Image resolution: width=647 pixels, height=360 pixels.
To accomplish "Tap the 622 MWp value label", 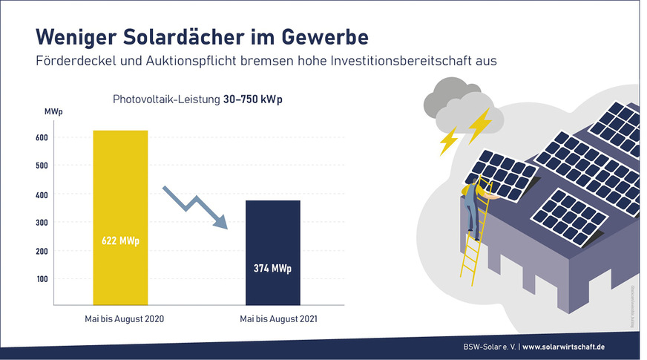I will (x=120, y=241).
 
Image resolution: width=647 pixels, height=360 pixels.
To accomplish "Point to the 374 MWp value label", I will (x=273, y=268).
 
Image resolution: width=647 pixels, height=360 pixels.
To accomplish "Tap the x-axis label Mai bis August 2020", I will (x=120, y=318).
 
